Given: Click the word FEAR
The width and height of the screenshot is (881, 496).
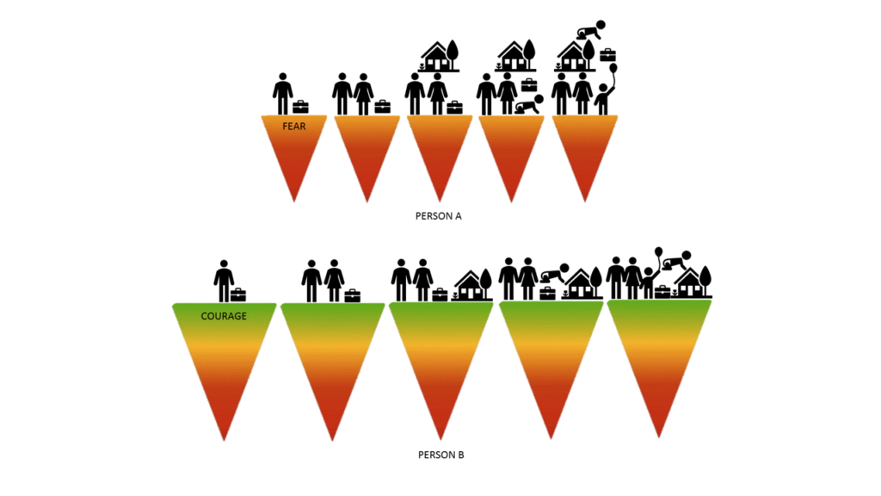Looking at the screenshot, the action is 294,127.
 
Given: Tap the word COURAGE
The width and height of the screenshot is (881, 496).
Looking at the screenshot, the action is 224,316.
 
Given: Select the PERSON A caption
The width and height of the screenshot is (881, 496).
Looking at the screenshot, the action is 438,216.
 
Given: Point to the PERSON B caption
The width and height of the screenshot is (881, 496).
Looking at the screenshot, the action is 441,455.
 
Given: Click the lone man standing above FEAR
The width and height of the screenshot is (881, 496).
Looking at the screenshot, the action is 282,94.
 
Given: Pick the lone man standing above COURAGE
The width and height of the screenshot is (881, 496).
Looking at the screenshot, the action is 224,282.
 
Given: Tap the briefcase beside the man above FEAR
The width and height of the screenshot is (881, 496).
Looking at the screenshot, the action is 300,107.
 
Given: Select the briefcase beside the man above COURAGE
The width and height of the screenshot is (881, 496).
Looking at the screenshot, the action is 238,294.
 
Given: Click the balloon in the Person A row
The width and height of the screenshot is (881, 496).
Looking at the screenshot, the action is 613,69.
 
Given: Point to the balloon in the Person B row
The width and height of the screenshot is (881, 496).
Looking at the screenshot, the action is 658,252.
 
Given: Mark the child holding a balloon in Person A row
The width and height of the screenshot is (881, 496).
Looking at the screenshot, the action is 602,100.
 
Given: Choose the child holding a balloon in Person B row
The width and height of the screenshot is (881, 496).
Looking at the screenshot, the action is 649,282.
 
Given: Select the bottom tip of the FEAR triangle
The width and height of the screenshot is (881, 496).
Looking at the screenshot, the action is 294,201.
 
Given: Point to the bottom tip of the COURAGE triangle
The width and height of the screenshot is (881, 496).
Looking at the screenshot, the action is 224,440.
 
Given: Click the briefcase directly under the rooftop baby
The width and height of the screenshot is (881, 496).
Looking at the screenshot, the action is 608,54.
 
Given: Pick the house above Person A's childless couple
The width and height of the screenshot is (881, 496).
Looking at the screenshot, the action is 440,57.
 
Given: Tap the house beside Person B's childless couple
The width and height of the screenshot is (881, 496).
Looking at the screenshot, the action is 472,285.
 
